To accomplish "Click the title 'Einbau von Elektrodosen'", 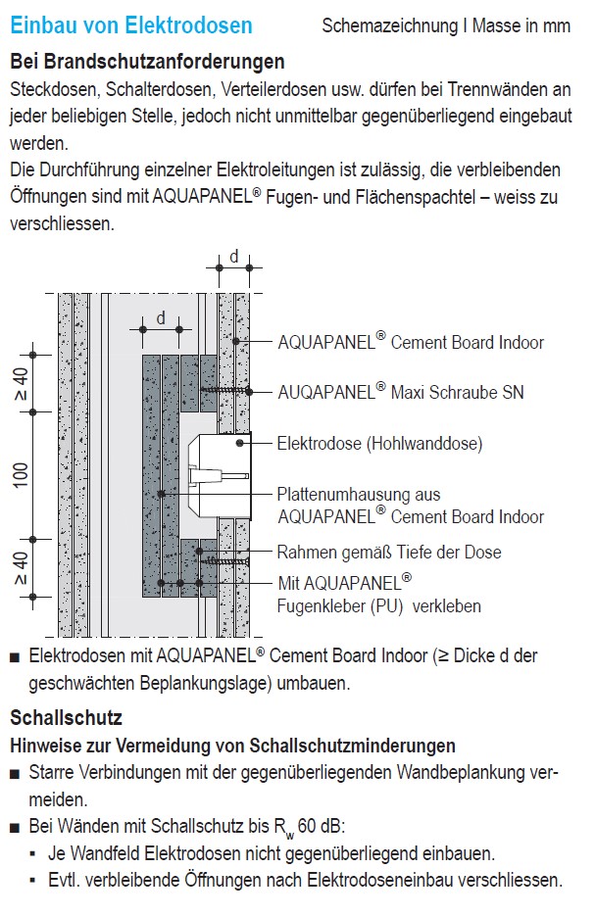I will point(131,25).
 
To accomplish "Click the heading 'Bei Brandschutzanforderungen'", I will point(147,62).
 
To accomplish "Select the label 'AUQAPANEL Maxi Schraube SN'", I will point(401,392).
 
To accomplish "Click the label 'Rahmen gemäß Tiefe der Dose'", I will point(389,553).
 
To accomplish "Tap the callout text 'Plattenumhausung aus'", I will point(359,496).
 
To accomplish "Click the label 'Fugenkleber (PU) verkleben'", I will point(379,605).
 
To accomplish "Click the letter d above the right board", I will point(233,257).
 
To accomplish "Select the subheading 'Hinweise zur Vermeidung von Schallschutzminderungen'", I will point(232,747).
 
